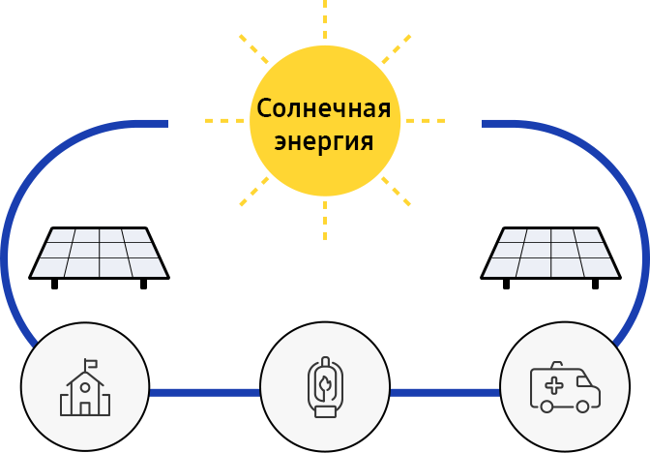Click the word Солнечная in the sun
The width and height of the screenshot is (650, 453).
[324, 108]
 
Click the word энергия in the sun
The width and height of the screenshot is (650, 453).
[324, 141]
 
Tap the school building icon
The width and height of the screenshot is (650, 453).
[85, 387]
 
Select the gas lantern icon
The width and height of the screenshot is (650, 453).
[325, 386]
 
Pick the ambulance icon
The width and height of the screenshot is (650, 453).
[565, 387]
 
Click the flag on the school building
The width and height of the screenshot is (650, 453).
[91, 365]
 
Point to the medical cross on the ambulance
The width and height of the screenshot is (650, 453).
[554, 386]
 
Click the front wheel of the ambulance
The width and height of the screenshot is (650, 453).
[582, 407]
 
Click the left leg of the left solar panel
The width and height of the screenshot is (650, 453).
[54, 285]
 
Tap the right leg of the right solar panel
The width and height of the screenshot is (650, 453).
[595, 285]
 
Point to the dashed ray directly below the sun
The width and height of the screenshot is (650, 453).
[325, 221]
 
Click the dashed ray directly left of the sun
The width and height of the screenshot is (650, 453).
[224, 121]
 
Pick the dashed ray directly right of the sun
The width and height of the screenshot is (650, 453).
[426, 121]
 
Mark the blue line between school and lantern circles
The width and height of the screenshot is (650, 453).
[205, 393]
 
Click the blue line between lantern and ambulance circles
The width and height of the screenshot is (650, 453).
[445, 393]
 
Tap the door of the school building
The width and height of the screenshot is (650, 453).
[85, 408]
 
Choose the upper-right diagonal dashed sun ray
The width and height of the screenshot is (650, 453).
[397, 49]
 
